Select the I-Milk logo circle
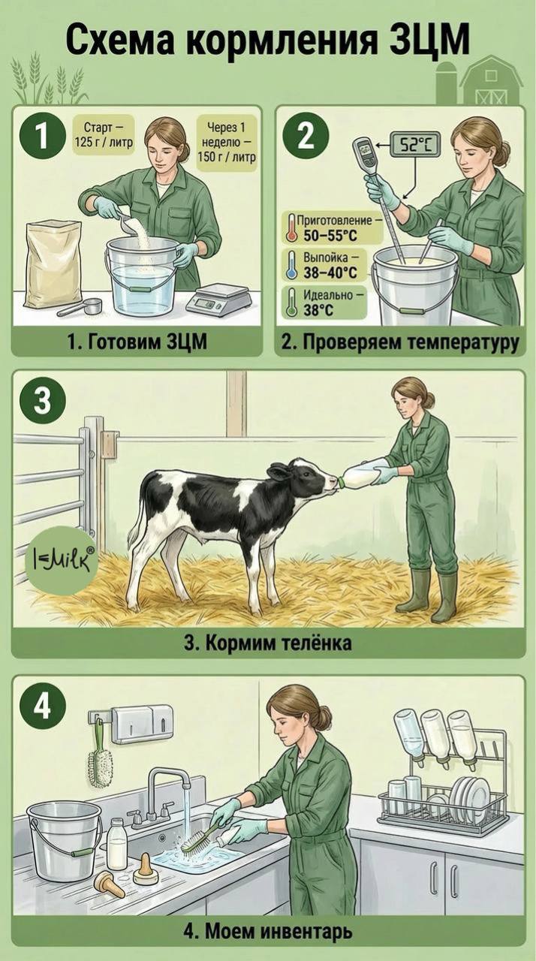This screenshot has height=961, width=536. [x=60, y=560]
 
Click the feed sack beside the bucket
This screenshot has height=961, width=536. [x=53, y=264]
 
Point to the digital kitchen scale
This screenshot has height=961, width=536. [x=218, y=299]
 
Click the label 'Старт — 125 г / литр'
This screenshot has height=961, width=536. [x=104, y=134]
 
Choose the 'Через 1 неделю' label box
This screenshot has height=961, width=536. [x=227, y=142]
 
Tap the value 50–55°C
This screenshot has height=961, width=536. [x=330, y=236]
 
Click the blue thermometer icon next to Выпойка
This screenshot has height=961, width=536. [x=292, y=266]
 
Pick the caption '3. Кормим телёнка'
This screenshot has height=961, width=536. [x=268, y=642]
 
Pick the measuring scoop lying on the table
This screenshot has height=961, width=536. [x=80, y=306]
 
